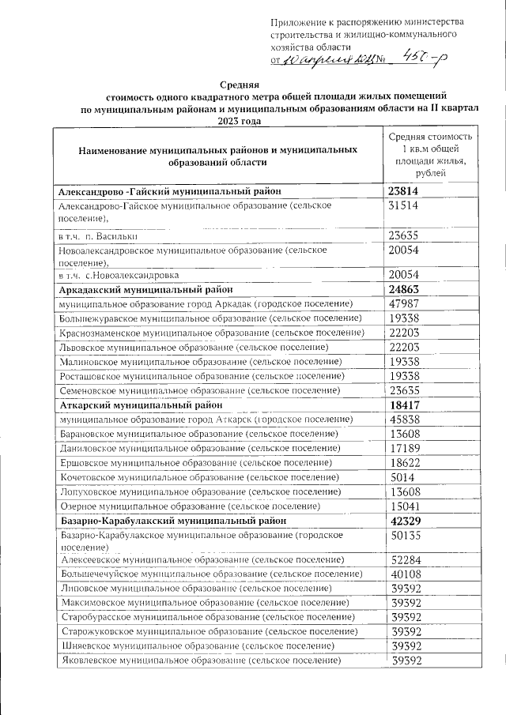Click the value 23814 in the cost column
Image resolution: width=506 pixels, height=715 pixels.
(x=404, y=191)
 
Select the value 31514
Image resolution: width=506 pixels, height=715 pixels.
(x=403, y=205)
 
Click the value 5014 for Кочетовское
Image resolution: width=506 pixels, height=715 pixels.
(x=399, y=478)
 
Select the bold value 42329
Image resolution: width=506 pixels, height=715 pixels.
(x=404, y=521)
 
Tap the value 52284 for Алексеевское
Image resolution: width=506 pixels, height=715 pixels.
(x=403, y=560)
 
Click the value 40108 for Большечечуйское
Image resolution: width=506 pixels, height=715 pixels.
(x=403, y=574)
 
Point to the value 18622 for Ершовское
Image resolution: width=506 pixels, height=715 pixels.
(x=403, y=463)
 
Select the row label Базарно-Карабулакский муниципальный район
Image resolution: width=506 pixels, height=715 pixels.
(x=167, y=521)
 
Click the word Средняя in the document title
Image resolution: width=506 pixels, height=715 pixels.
(x=239, y=83)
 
